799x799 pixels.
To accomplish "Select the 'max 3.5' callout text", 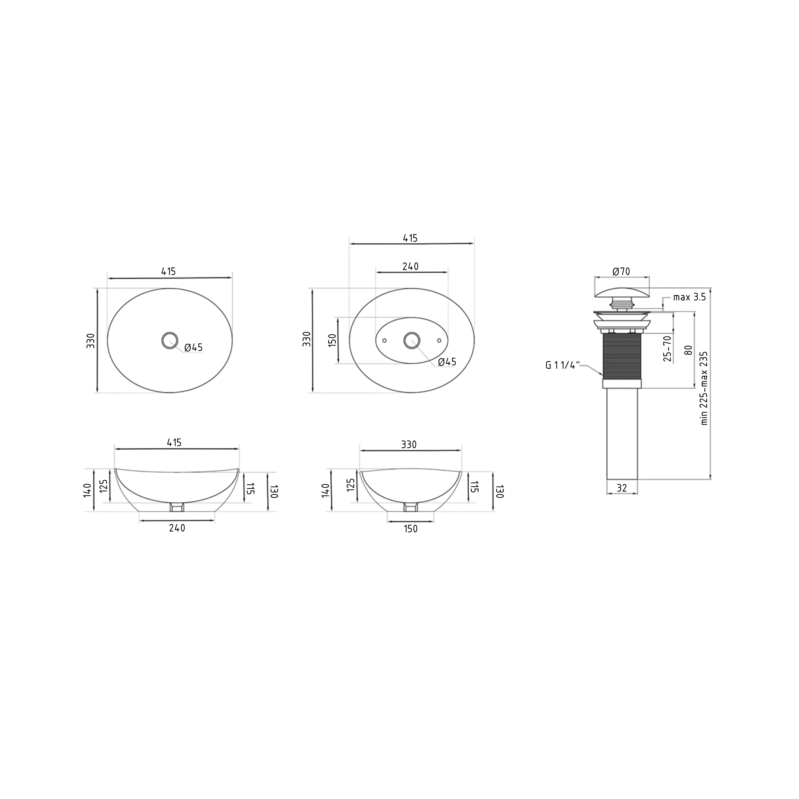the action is (x=689, y=297).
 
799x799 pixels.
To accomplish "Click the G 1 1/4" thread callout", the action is (x=563, y=365).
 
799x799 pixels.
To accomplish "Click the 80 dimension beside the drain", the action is (x=688, y=350).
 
